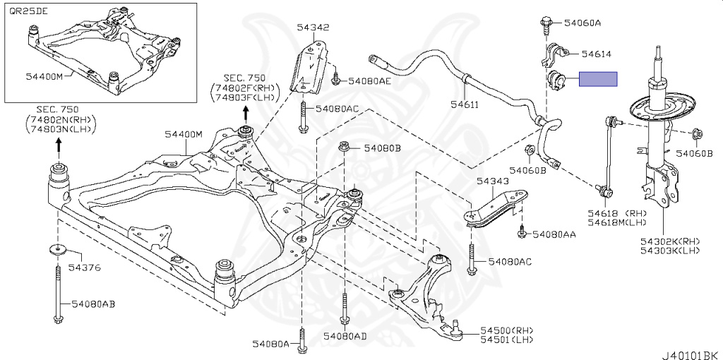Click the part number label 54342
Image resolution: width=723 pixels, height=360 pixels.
point(312,28)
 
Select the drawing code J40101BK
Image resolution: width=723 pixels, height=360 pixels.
point(691,350)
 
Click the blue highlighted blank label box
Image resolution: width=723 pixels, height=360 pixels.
point(598,79)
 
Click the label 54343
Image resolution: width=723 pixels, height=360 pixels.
point(492,181)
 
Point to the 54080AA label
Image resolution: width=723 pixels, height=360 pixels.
point(554,234)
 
